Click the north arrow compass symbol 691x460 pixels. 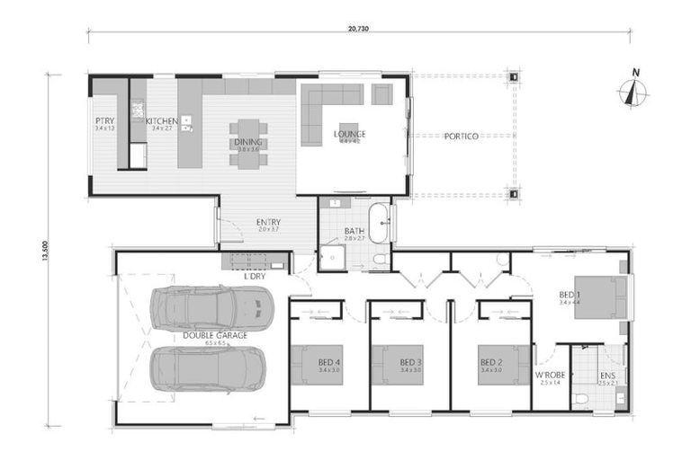[635, 91]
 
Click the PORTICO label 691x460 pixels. [462, 136]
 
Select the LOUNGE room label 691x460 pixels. [349, 134]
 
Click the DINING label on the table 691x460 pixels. [247, 142]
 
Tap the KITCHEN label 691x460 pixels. [163, 120]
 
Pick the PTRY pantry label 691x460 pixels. [104, 120]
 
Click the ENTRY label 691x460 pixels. [268, 222]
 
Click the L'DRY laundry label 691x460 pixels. [255, 277]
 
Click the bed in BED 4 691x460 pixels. [318, 365]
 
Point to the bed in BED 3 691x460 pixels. [397, 365]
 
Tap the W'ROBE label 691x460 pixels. [549, 374]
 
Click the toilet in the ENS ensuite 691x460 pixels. [581, 396]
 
